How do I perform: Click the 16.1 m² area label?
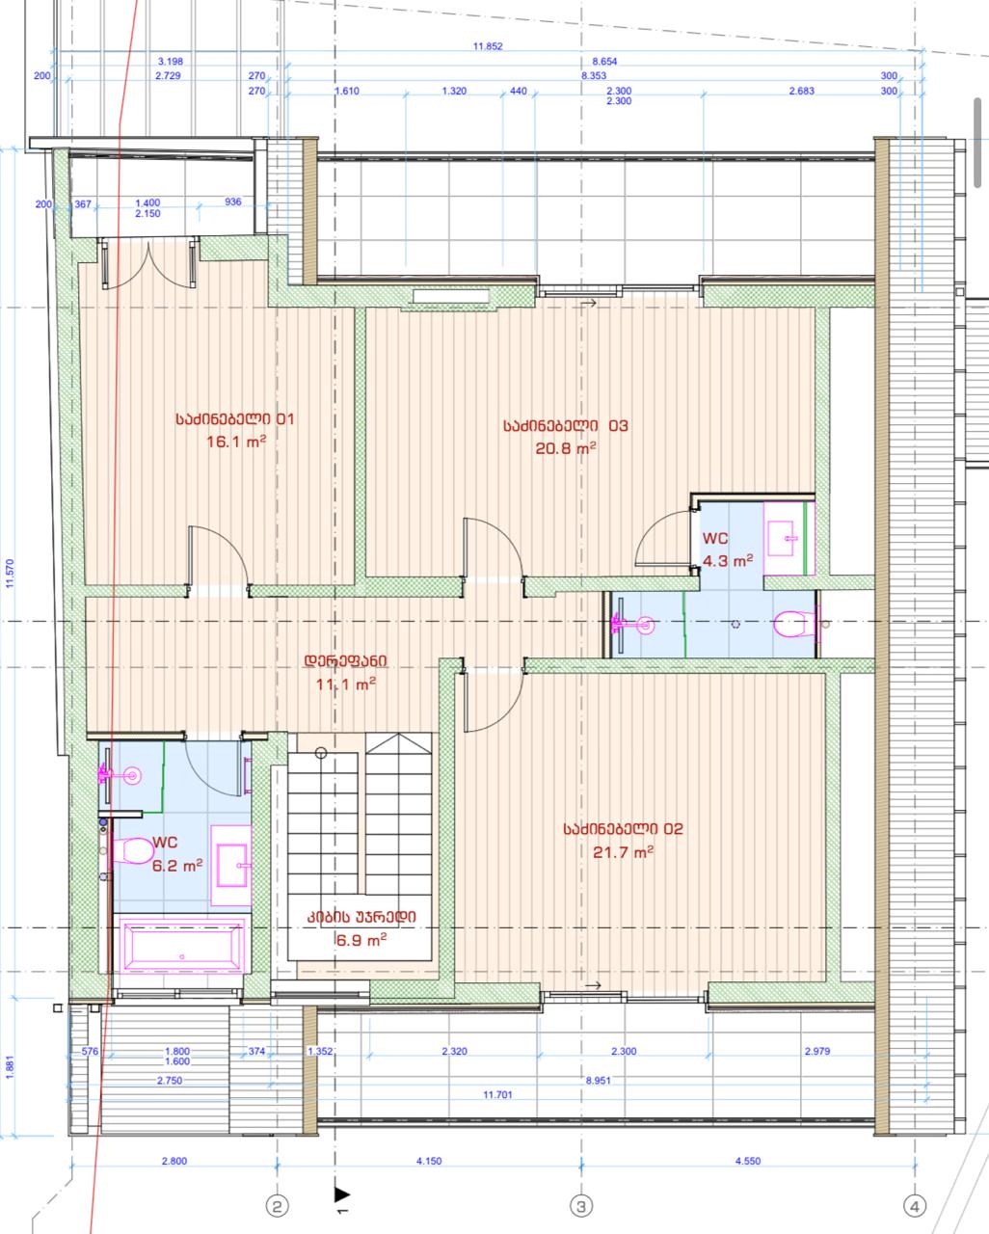236,442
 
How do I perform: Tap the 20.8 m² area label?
565,448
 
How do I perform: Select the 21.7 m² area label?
624,852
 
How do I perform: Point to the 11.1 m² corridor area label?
346,684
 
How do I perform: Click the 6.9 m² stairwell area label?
361,940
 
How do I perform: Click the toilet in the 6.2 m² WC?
133,851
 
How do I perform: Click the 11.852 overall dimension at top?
488,46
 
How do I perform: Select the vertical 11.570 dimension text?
10,574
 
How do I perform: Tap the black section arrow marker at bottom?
341,1194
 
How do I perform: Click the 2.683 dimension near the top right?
802,91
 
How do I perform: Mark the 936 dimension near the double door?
232,201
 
